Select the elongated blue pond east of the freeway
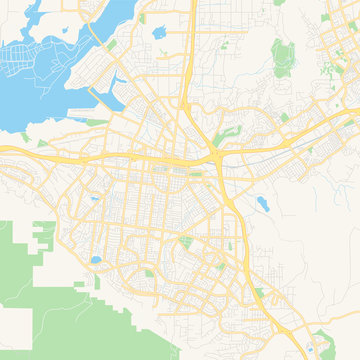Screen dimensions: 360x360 [x=262, y=205]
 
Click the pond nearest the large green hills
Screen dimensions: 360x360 [x=95, y=261]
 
